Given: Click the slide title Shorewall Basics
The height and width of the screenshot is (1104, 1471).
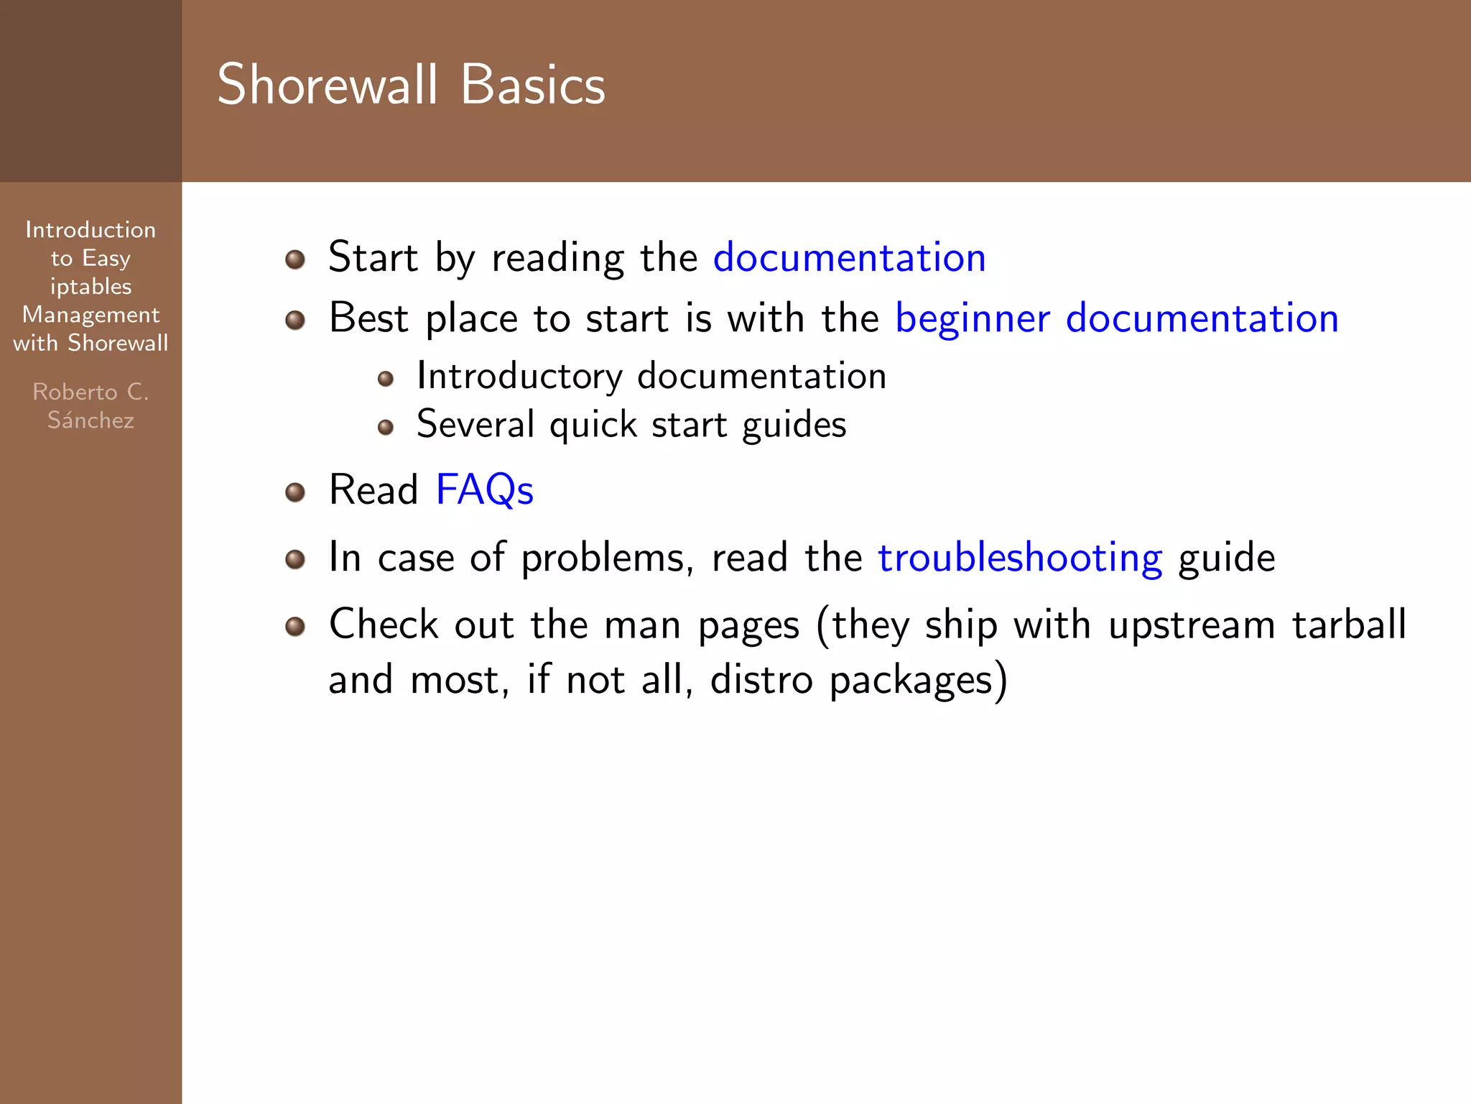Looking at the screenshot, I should pyautogui.click(x=411, y=85).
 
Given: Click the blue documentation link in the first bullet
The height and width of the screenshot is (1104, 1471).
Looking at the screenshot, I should pyautogui.click(x=849, y=257).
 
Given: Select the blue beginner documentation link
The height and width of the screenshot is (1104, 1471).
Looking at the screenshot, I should pyautogui.click(x=1116, y=318).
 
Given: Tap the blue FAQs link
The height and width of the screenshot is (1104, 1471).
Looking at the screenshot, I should pyautogui.click(x=484, y=490).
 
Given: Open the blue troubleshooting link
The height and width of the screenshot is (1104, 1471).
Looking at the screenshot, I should pyautogui.click(x=1020, y=558).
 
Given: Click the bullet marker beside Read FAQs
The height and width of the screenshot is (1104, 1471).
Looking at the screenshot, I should pyautogui.click(x=295, y=492).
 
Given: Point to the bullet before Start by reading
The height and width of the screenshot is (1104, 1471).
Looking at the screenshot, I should pyautogui.click(x=295, y=259).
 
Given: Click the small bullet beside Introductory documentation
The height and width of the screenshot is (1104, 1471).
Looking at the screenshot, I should pyautogui.click(x=386, y=379).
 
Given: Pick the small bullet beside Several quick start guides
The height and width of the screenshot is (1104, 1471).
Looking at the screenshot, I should pyautogui.click(x=386, y=428).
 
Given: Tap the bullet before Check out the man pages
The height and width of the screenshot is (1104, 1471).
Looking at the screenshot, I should pyautogui.click(x=295, y=627).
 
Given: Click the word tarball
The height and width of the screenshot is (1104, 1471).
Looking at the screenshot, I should pyautogui.click(x=1349, y=624).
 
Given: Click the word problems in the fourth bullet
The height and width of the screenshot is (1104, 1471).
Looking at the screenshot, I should pyautogui.click(x=607, y=558).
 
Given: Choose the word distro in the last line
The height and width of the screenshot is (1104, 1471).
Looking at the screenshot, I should pyautogui.click(x=761, y=679).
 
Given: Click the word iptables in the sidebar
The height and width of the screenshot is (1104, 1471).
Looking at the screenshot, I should pyautogui.click(x=91, y=287).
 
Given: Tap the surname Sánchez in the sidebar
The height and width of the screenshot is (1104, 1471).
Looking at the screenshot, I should pyautogui.click(x=91, y=420).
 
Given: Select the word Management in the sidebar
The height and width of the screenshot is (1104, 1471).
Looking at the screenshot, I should pyautogui.click(x=91, y=315).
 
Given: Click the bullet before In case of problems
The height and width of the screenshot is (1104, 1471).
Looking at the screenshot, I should pyautogui.click(x=295, y=559).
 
